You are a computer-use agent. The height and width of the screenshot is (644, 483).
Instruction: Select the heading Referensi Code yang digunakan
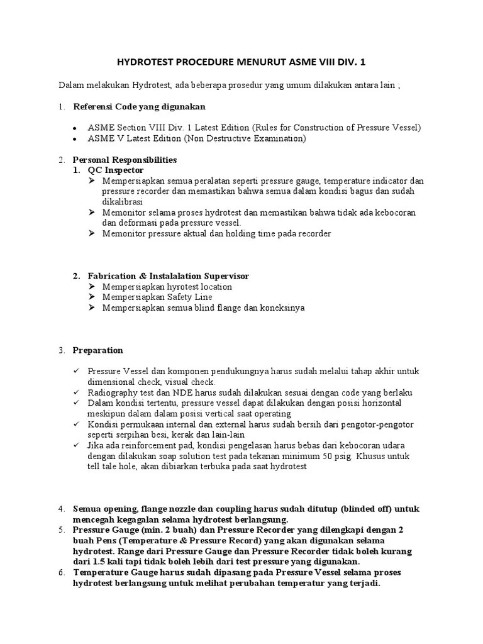(139, 106)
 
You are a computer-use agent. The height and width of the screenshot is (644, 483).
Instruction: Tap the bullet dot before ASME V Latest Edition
(75, 138)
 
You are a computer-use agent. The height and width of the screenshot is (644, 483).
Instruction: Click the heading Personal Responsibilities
(125, 160)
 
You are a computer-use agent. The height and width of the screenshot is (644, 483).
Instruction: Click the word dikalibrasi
(123, 202)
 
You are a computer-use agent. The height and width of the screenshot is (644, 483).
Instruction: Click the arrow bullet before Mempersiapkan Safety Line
(92, 297)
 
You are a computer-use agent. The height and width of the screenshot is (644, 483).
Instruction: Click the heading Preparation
(98, 350)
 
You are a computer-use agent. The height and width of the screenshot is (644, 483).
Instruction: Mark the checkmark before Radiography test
(77, 392)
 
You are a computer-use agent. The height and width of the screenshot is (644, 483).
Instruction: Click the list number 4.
(62, 509)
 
